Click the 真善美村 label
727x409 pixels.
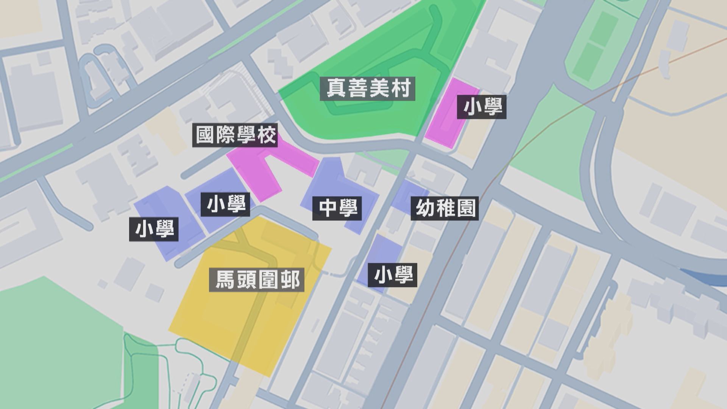[367, 89]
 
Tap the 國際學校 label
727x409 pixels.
[235, 135]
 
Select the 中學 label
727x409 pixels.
[337, 208]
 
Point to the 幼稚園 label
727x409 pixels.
[445, 208]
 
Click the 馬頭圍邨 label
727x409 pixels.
[257, 280]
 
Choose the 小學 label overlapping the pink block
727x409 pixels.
[482, 107]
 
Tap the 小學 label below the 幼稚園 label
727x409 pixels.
[393, 275]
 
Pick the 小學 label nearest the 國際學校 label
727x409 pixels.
[226, 205]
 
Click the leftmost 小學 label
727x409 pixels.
[154, 229]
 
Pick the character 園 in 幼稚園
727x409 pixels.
[466, 208]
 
